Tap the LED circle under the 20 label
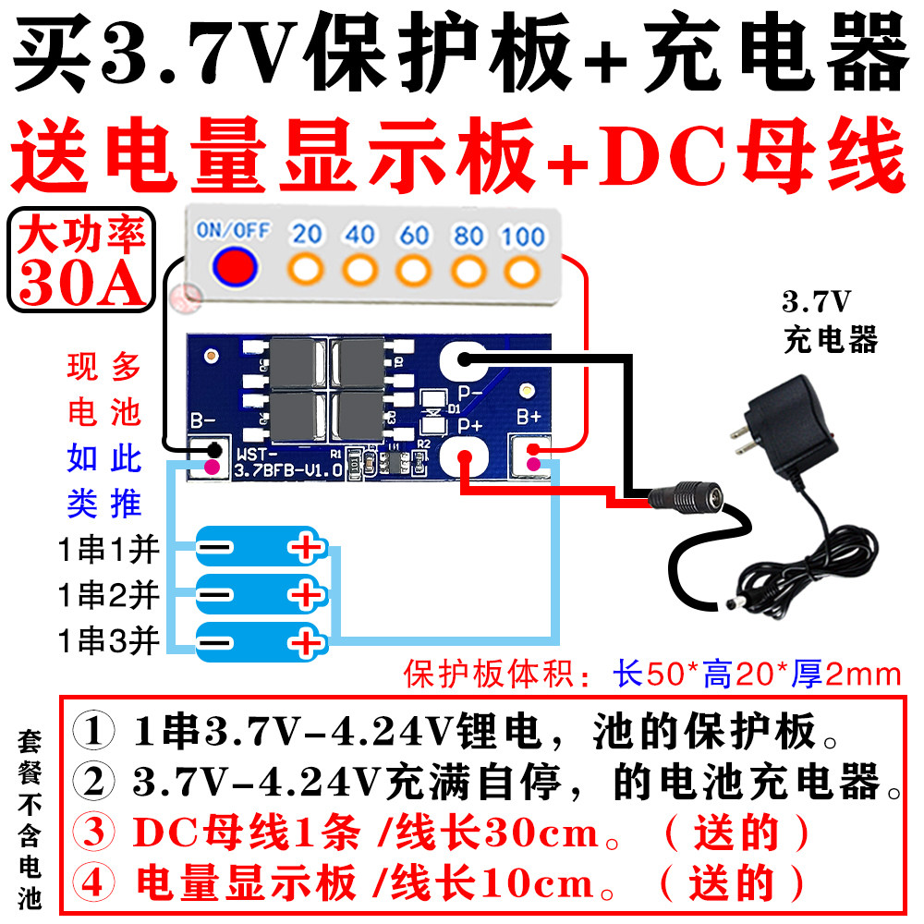(306, 271)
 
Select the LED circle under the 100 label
(522, 271)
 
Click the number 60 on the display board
(414, 236)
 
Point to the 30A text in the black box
(81, 284)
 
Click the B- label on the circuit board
(203, 422)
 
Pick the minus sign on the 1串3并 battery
(215, 641)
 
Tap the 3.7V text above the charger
(817, 302)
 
